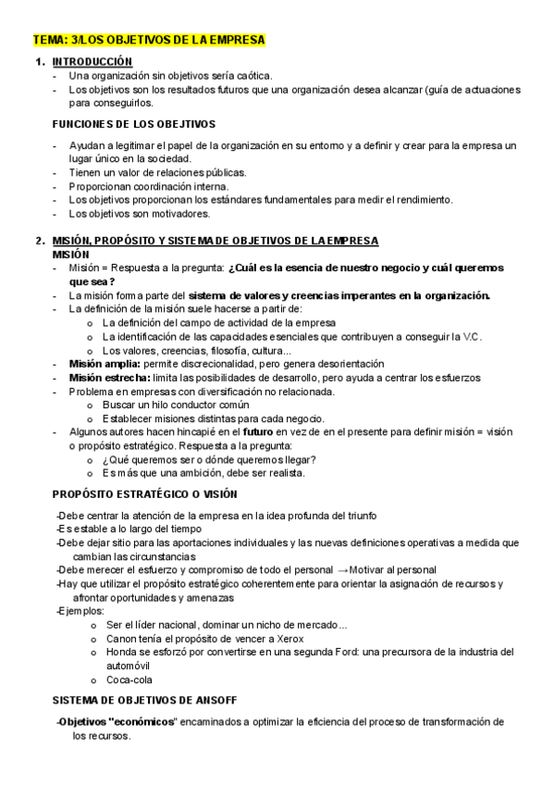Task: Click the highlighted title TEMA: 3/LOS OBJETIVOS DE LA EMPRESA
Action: pos(149,40)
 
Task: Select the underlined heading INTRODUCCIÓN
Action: pos(92,61)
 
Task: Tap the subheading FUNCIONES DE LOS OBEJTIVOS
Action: pos(133,123)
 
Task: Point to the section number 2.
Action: pos(39,241)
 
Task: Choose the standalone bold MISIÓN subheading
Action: pos(71,254)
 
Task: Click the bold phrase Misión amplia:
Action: pos(99,364)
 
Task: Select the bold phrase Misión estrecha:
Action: pos(104,378)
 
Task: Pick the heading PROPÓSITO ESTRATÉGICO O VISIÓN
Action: pos(145,493)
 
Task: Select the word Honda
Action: pos(121,652)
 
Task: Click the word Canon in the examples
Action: pos(122,638)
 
